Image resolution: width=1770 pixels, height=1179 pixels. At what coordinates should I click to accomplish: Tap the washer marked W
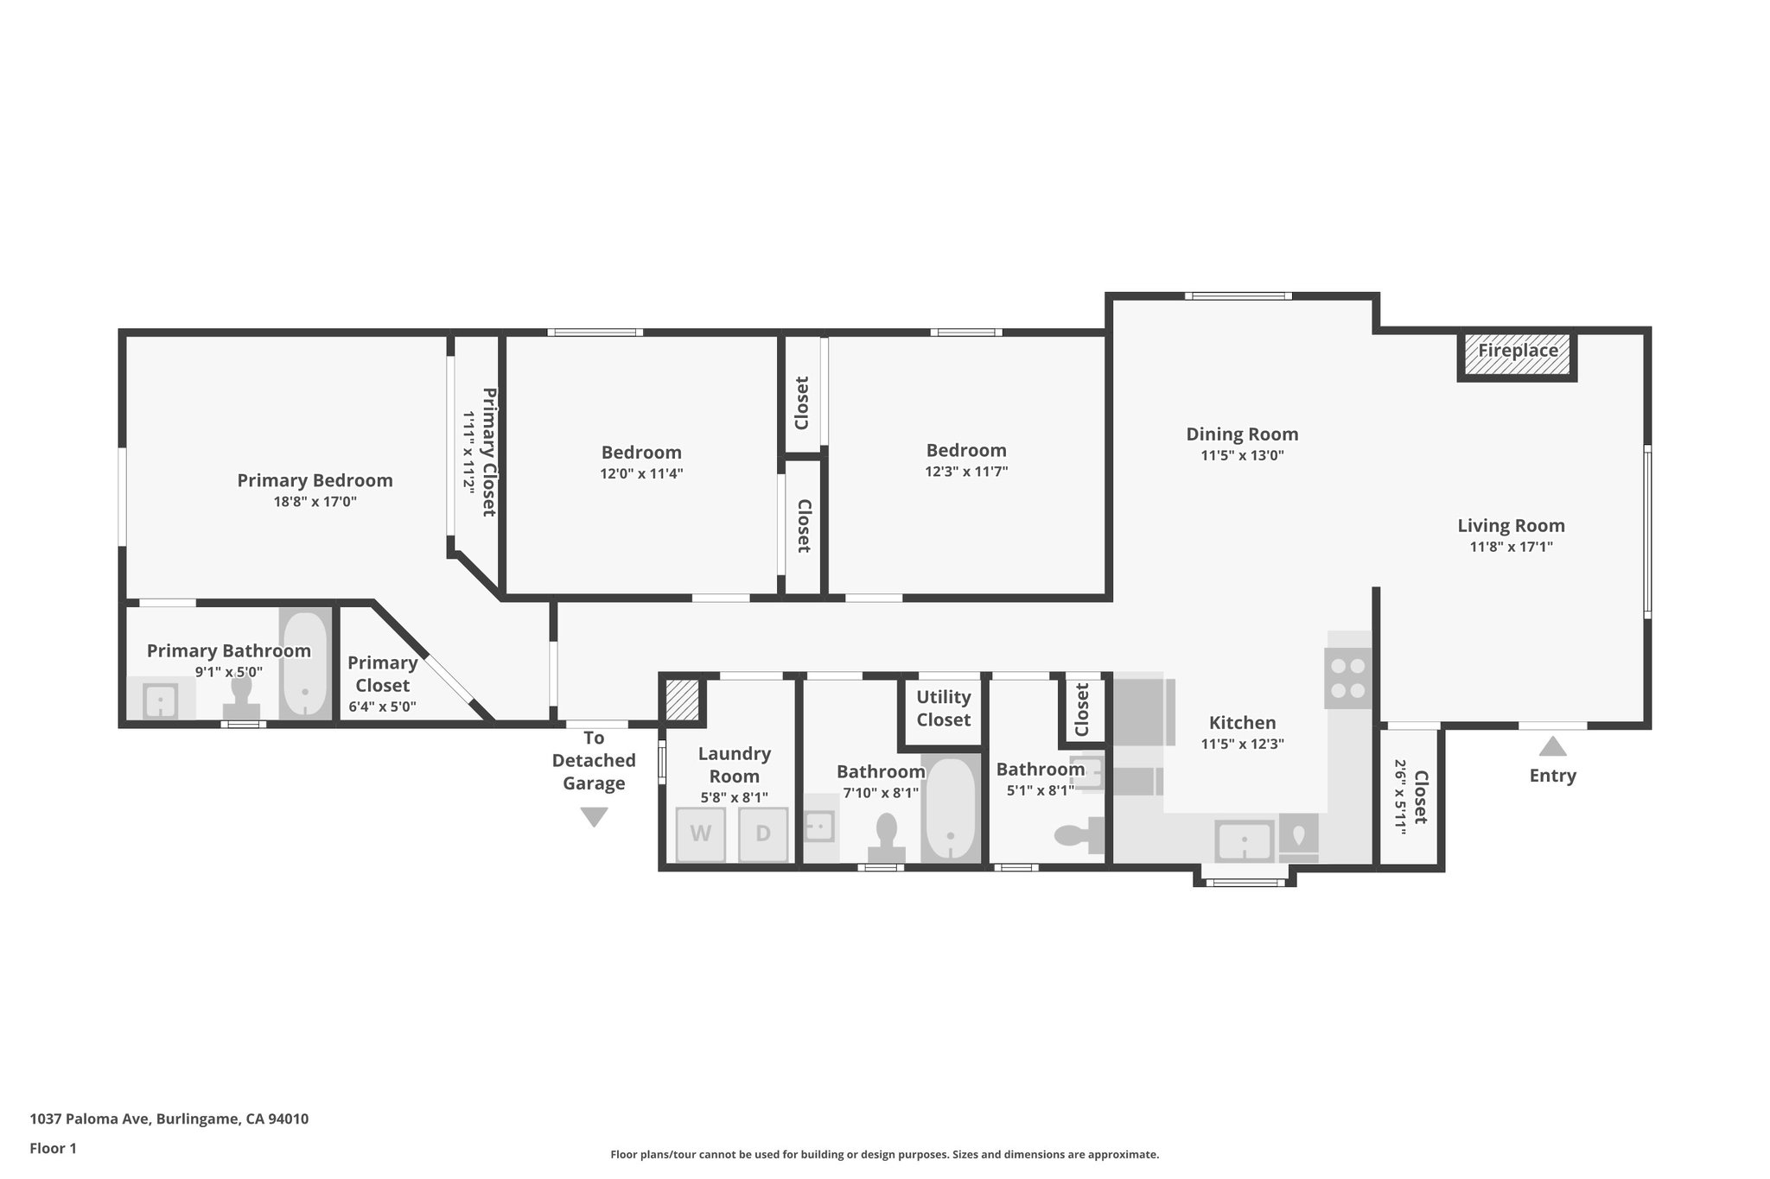700,834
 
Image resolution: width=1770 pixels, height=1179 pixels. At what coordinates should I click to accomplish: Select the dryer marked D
763,834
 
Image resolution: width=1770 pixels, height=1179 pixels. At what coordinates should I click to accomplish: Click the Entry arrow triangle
1552,746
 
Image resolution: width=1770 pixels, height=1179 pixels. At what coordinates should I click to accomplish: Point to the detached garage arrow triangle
594,816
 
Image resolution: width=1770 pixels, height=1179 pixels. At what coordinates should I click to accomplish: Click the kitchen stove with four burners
1348,678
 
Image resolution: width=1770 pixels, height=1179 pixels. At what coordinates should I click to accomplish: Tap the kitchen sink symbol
1244,840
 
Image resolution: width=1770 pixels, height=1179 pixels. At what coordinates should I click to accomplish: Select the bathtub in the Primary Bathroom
305,664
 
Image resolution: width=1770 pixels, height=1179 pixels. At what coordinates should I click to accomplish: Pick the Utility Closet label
944,708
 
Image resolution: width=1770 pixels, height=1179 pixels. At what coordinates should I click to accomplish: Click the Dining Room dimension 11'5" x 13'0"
1242,455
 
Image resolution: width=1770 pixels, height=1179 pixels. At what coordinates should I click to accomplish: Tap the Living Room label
1511,525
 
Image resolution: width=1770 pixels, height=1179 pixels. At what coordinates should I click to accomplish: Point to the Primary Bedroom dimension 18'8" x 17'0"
315,501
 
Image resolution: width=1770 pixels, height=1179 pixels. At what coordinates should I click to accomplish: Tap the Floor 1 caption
53,1148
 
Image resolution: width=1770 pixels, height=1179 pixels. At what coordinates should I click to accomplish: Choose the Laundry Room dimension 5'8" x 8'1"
734,797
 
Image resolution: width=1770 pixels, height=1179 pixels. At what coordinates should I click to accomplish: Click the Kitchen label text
1242,723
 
